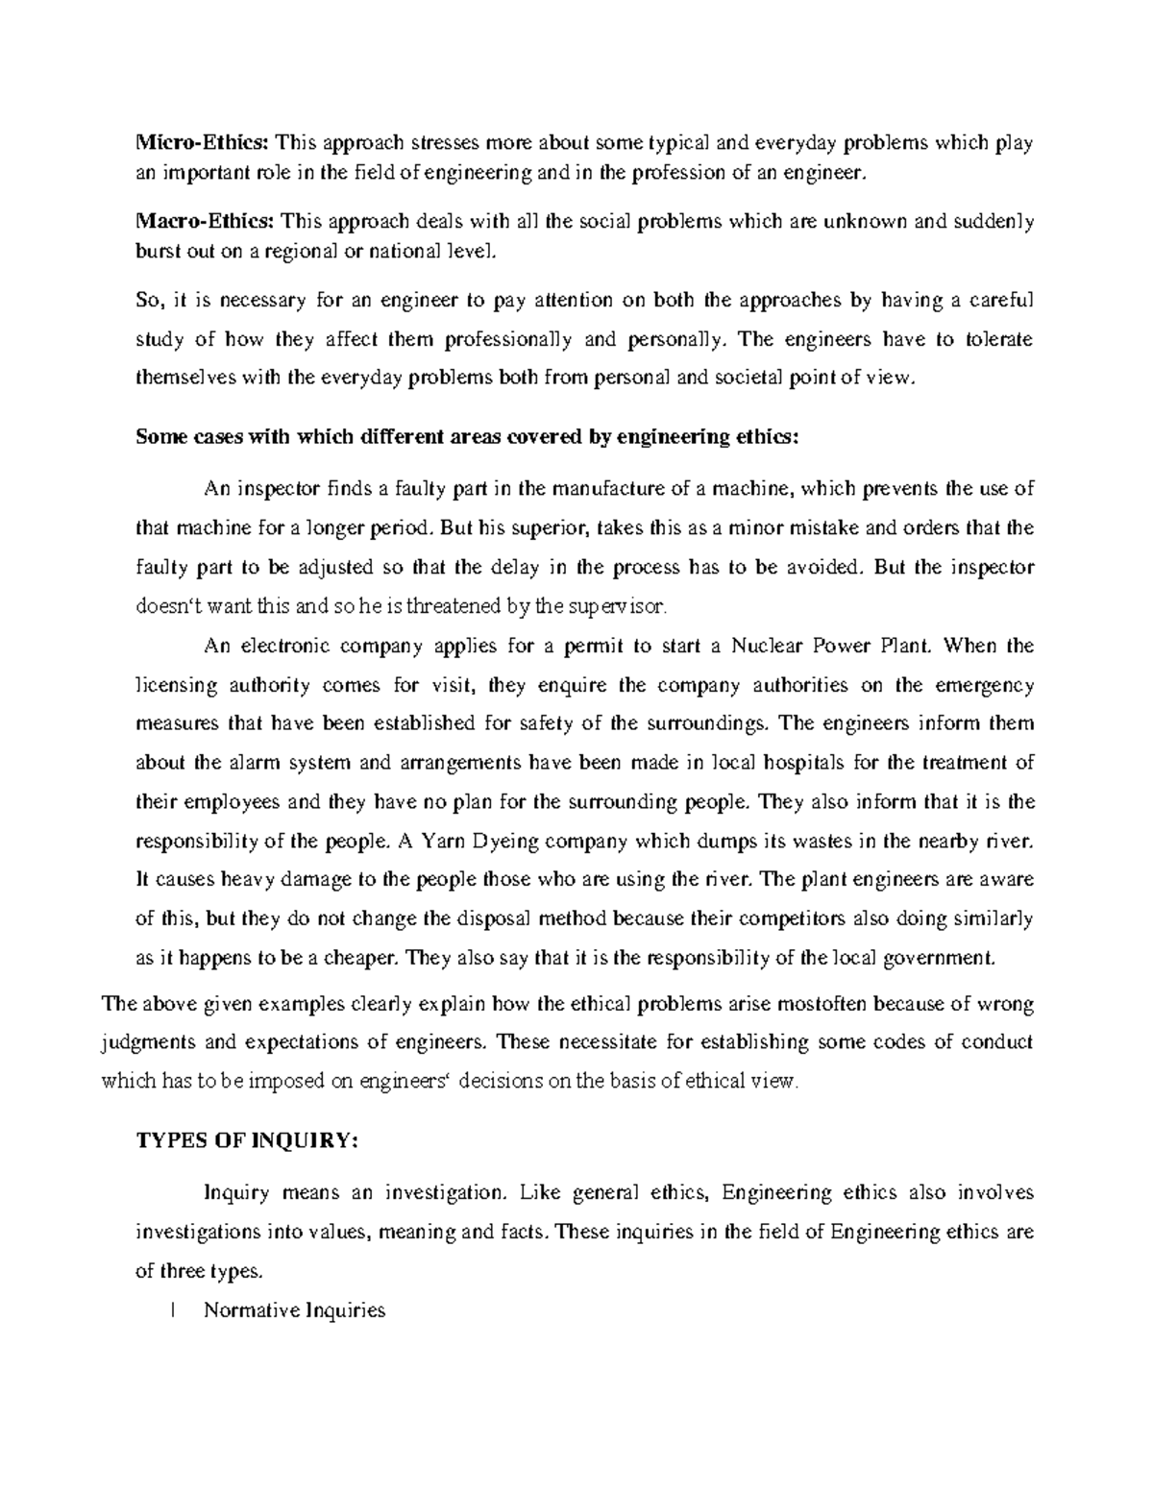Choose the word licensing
[176, 685]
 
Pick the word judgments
[150, 1043]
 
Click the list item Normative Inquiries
[294, 1310]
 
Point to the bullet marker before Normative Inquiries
[169, 1310]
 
